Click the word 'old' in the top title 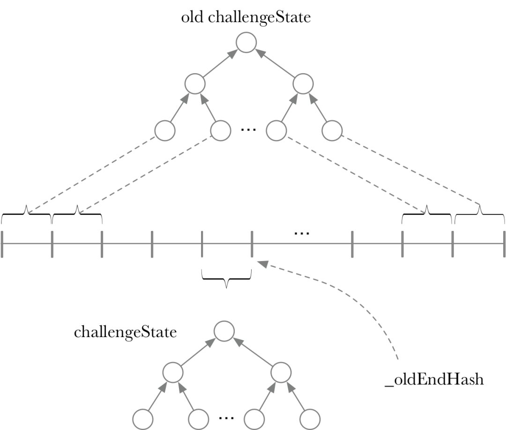[x=192, y=17]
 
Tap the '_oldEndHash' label [x=434, y=379]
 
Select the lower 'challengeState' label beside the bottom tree [x=125, y=332]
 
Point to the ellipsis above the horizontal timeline [x=302, y=233]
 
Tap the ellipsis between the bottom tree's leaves [x=226, y=418]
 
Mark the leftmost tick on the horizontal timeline [x=2, y=244]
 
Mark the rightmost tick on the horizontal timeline [x=504, y=244]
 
